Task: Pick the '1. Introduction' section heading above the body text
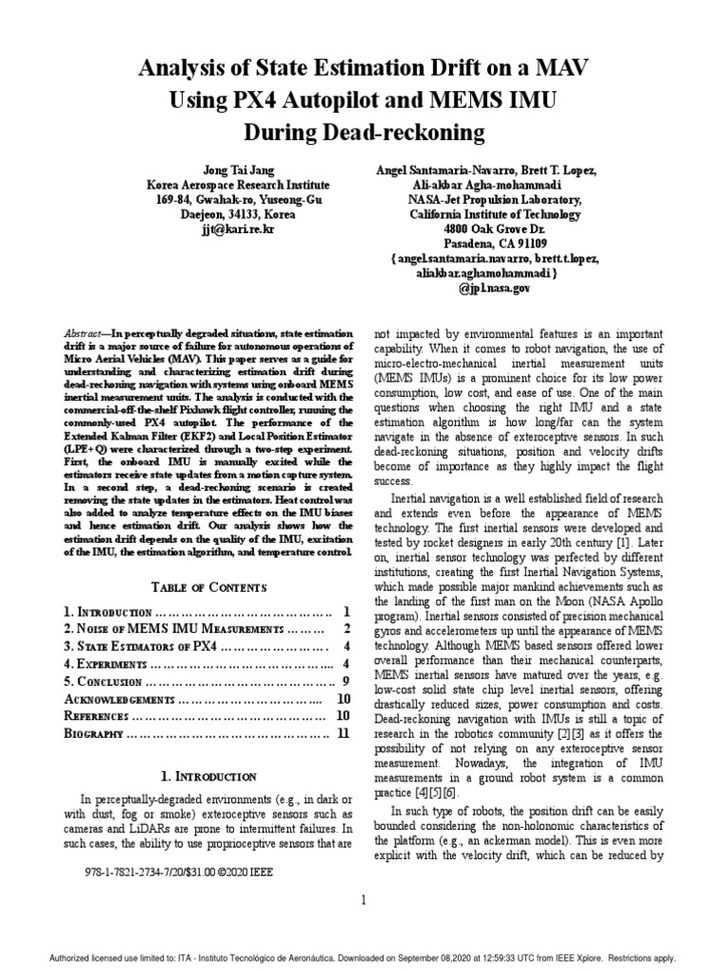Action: [x=209, y=776]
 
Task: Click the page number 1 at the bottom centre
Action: [x=363, y=899]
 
